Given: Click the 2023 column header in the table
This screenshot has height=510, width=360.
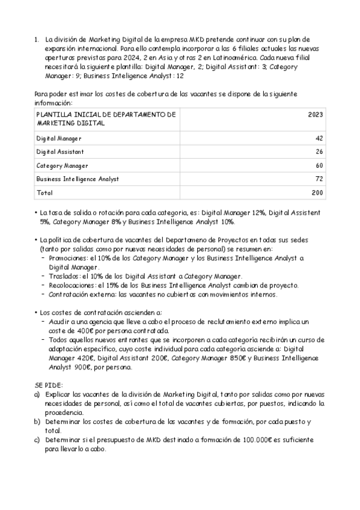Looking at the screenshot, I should click(316, 114).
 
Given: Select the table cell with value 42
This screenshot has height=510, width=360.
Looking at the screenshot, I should click(319, 138).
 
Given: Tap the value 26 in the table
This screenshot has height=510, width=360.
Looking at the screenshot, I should click(319, 152).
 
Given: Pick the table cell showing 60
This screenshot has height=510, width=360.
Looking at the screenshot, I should click(319, 165).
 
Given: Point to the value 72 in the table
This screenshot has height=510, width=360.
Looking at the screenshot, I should click(319, 179).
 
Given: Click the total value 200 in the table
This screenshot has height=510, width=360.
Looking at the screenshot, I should click(317, 193).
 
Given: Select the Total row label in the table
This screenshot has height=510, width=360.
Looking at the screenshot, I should click(44, 193).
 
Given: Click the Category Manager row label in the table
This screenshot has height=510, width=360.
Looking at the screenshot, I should click(62, 165).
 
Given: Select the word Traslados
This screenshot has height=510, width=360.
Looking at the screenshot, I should click(63, 275).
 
